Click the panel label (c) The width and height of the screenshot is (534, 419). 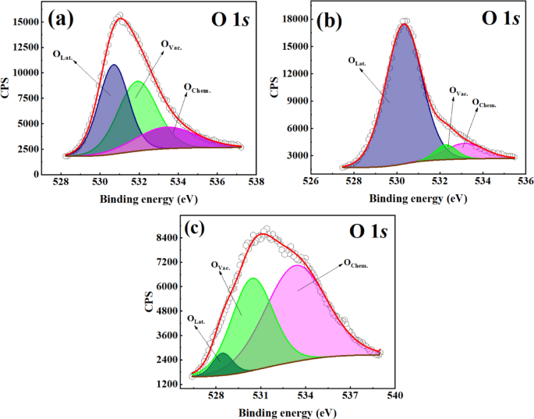[x=196, y=229]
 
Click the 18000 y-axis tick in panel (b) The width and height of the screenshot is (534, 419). [x=295, y=17]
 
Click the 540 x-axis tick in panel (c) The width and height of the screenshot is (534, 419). [x=394, y=395]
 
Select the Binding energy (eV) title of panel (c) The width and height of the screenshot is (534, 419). [x=287, y=410]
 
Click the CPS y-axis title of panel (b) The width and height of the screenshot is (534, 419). [x=274, y=87]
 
